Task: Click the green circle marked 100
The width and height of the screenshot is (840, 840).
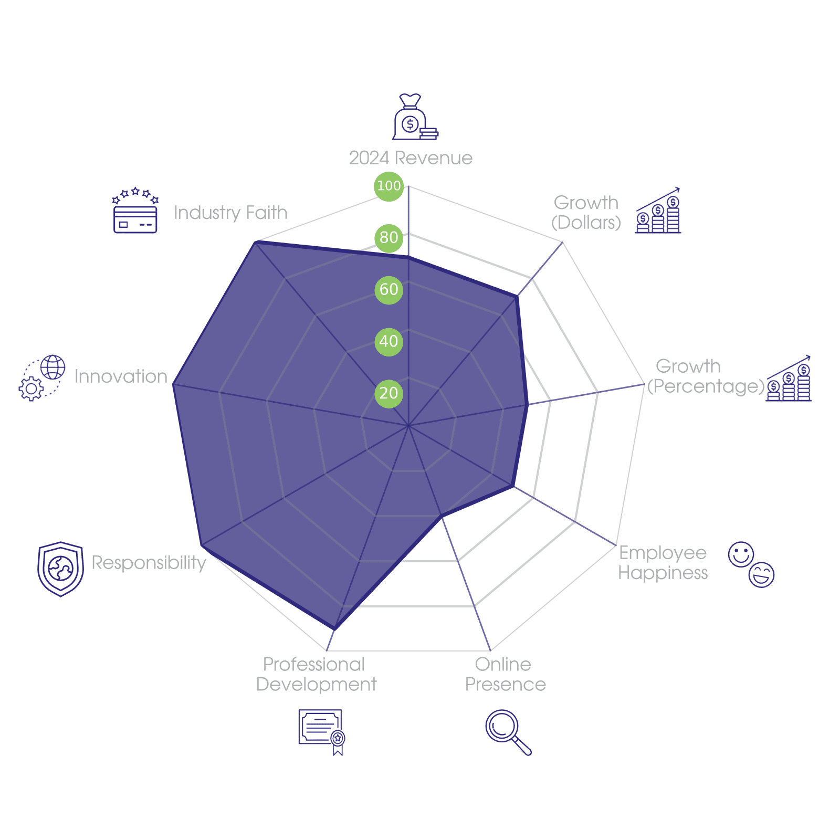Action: tap(388, 186)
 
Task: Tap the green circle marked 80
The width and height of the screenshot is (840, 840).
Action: tap(388, 238)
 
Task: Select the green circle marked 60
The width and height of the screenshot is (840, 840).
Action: tap(388, 290)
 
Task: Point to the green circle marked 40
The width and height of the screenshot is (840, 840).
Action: tap(388, 342)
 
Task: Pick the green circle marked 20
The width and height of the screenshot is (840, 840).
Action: tap(388, 394)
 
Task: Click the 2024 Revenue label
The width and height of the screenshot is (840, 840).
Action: tap(411, 158)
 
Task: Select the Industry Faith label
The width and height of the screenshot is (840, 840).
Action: tap(230, 213)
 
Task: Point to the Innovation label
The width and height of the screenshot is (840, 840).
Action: tap(121, 376)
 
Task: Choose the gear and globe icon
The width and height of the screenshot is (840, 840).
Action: tap(42, 378)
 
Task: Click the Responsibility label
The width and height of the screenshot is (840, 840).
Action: tap(149, 563)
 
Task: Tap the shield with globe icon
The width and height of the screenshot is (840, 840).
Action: tap(61, 569)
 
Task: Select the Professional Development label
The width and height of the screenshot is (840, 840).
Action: tap(316, 675)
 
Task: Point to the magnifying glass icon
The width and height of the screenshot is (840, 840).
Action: tap(507, 732)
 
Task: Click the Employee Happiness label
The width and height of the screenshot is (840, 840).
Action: tap(663, 563)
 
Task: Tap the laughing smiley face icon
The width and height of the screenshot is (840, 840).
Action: tap(762, 575)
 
